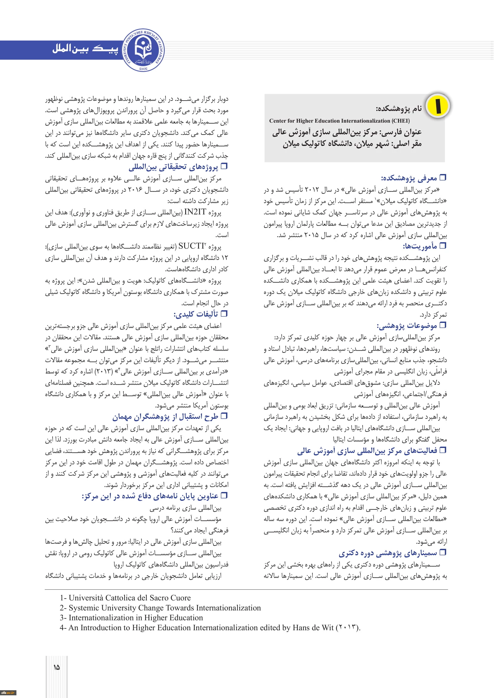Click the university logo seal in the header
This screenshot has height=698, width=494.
(x=143, y=50)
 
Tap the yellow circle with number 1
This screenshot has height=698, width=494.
(x=438, y=105)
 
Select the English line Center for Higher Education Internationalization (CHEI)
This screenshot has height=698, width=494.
(x=339, y=121)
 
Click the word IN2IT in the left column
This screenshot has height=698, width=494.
(x=195, y=212)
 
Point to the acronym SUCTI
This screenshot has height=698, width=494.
(x=191, y=246)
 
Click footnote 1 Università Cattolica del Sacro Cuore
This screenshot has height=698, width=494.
(x=125, y=598)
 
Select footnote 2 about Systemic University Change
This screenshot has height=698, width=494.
(x=160, y=608)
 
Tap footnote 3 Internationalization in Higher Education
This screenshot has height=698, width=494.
(x=131, y=617)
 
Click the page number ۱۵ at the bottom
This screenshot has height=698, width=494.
(x=56, y=667)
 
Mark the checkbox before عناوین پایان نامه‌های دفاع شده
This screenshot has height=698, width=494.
(x=224, y=496)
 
